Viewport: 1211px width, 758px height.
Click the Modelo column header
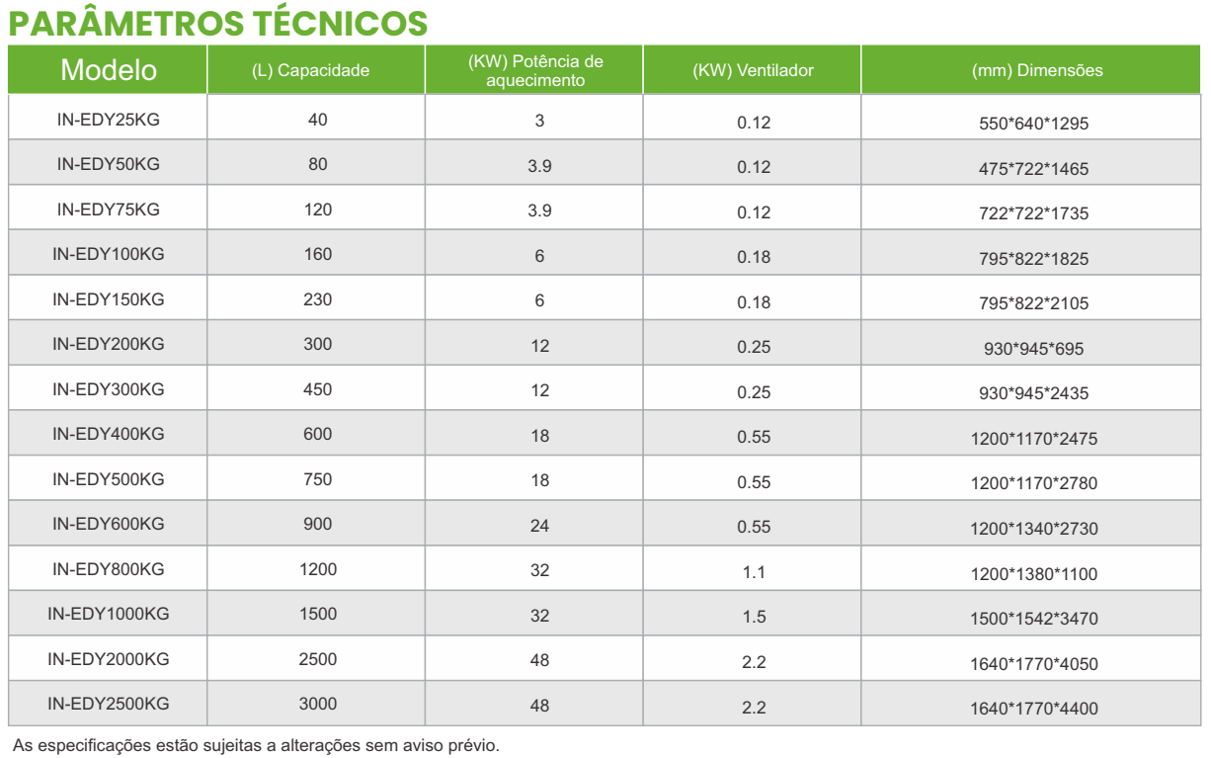(109, 70)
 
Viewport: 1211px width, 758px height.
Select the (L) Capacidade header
(317, 70)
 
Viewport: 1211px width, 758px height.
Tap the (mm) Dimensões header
(1035, 70)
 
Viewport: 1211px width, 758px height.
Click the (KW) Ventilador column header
(753, 70)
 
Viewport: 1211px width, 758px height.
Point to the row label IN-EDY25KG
(109, 120)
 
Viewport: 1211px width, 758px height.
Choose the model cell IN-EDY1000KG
(109, 614)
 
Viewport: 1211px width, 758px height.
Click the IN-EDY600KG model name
(109, 524)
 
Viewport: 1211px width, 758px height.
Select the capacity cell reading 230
(317, 299)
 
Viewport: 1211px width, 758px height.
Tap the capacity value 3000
(317, 704)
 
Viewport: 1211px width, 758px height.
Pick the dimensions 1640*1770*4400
(1033, 709)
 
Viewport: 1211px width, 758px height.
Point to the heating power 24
(539, 525)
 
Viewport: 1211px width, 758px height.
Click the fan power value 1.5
(753, 616)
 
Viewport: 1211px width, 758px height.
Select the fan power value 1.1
(753, 571)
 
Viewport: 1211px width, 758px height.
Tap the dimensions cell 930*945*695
(1035, 349)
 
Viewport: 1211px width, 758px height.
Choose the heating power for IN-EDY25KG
(539, 121)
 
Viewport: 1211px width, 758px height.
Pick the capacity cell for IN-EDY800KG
(317, 569)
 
